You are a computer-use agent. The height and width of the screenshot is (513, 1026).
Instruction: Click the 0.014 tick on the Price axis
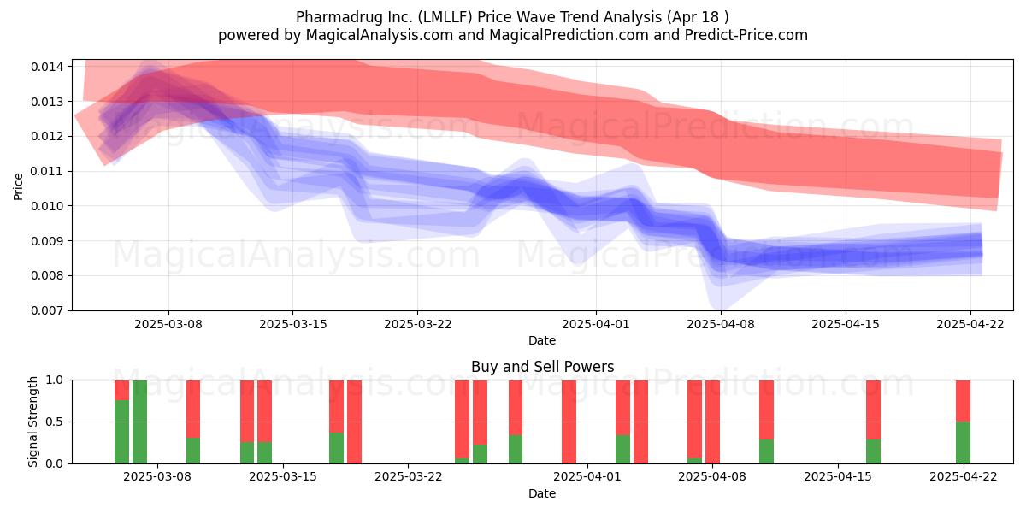click(47, 67)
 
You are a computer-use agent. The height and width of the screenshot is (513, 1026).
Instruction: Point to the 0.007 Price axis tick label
click(47, 310)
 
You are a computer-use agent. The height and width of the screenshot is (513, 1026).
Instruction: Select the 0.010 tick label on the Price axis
click(47, 206)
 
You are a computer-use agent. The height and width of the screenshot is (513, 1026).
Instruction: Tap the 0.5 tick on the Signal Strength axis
click(55, 422)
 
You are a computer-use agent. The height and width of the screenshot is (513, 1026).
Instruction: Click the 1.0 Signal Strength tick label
click(55, 380)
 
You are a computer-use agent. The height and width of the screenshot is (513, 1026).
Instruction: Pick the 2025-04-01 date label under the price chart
click(596, 324)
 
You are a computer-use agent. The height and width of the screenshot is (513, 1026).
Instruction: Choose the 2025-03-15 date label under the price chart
click(293, 324)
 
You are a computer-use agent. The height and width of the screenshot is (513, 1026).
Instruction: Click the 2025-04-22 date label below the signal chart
click(964, 477)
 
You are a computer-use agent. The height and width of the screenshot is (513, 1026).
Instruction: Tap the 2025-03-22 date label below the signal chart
click(409, 477)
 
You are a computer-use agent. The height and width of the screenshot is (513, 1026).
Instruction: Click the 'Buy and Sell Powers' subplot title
click(542, 367)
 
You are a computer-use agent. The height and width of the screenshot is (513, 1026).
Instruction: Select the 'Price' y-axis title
click(18, 186)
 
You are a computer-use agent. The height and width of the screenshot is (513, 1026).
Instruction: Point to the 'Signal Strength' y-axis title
click(32, 422)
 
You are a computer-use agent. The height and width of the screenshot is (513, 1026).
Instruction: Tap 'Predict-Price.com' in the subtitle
click(746, 35)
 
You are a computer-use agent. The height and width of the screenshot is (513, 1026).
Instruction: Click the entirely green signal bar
click(139, 422)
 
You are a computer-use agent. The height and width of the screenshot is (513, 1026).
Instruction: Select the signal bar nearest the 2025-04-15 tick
click(874, 422)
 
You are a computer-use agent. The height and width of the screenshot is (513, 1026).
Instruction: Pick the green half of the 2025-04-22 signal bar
click(964, 443)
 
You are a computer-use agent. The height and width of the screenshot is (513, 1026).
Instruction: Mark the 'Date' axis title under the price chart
click(542, 340)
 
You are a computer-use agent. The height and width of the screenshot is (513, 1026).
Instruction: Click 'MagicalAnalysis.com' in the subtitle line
click(380, 35)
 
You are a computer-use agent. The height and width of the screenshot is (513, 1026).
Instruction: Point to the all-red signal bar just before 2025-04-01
click(569, 422)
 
